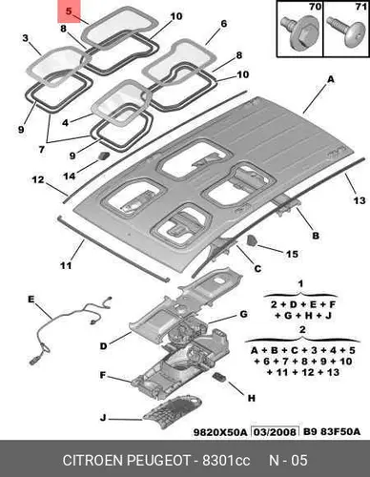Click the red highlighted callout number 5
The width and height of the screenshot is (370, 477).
(x=69, y=11)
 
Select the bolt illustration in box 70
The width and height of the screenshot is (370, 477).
(x=299, y=31)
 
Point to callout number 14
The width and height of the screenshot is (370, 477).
(x=70, y=176)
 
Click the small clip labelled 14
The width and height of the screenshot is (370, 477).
(x=103, y=156)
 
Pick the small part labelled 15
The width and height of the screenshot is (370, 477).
(x=252, y=240)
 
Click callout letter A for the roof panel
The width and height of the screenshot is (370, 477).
(x=331, y=79)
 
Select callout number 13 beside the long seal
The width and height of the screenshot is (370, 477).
(x=360, y=200)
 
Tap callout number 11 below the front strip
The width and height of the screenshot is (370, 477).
(x=66, y=265)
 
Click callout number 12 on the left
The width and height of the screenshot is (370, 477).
(x=38, y=179)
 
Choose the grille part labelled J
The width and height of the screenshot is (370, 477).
(x=172, y=411)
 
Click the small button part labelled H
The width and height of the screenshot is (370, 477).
(x=218, y=377)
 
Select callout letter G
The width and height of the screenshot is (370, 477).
(x=243, y=314)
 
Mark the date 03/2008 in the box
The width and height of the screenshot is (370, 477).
(x=275, y=432)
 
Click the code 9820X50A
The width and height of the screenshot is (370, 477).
(x=220, y=432)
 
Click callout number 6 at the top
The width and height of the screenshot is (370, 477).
(x=223, y=24)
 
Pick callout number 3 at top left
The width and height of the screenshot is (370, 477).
(x=26, y=38)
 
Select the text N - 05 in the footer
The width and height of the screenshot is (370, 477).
(x=288, y=460)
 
